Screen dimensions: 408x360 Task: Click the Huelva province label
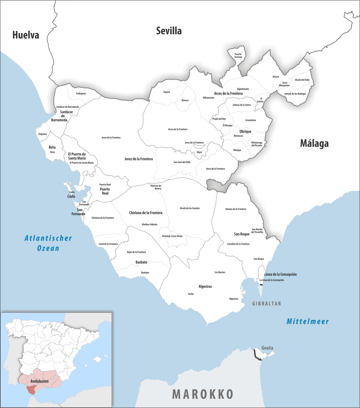coord(26,35)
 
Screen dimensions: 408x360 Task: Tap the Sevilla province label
coord(169,31)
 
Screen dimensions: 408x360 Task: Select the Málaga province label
coord(314,143)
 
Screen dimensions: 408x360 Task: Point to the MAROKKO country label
coord(203,394)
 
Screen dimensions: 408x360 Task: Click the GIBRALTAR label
coord(266,304)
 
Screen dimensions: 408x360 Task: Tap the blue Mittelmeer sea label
coord(307,321)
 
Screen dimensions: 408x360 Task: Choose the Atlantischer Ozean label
coord(48,243)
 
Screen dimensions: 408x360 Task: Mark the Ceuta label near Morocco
coord(267,348)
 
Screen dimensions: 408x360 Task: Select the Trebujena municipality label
coord(81,93)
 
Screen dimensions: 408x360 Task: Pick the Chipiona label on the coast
coord(42,134)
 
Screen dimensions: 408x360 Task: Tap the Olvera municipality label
coord(275,76)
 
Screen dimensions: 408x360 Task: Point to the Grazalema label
coord(251,120)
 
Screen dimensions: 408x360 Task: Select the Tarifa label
coord(191,294)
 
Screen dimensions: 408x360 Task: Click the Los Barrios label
coord(220,272)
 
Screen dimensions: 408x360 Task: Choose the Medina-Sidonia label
coord(150,224)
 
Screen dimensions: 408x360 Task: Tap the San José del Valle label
coord(182,162)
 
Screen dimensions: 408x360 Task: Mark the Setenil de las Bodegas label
coord(295,93)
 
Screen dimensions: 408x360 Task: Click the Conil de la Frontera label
coord(108,244)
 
